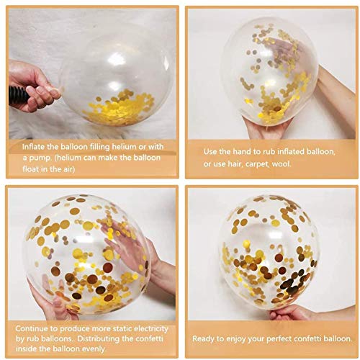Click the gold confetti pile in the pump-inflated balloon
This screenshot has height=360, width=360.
(113, 107)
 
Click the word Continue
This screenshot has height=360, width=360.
(31, 328)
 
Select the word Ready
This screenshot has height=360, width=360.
(206, 338)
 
